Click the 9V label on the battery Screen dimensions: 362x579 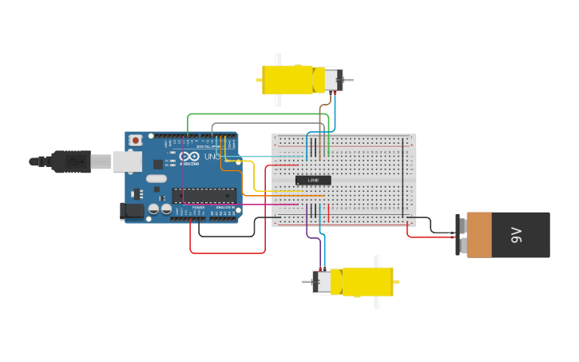[x=516, y=235]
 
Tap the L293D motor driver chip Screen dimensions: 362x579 [x=313, y=180]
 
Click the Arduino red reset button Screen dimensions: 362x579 [x=136, y=141]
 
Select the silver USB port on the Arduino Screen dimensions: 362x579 [x=126, y=162]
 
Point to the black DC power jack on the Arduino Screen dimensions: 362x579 [x=131, y=211]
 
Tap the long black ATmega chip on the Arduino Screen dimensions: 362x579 [x=204, y=195]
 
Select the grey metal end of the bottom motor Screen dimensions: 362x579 [x=322, y=281]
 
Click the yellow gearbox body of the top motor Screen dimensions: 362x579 [x=288, y=80]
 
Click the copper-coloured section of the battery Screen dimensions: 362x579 [x=479, y=235]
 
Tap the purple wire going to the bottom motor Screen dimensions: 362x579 [x=308, y=232]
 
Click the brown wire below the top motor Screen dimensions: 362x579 [x=321, y=120]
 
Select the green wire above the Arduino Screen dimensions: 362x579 [x=256, y=114]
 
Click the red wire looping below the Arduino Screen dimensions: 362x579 [x=228, y=253]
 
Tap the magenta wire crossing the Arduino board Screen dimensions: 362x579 [x=240, y=205]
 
